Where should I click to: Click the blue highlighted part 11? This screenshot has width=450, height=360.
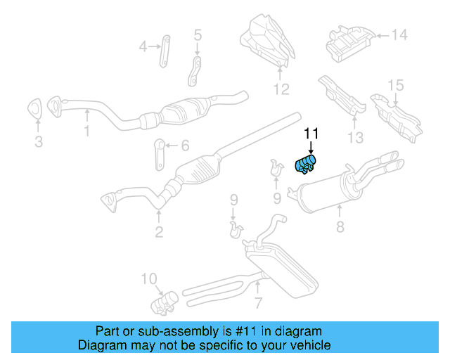pos(307,163)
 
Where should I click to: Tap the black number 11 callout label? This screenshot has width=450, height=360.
pos(311,134)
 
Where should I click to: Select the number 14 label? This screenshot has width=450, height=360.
pos(399,34)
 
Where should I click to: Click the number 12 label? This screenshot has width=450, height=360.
pos(281,89)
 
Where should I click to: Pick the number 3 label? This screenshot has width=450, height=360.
pos(39,142)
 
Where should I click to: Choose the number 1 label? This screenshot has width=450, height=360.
pos(87,130)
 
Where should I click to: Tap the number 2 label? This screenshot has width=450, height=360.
pos(159,232)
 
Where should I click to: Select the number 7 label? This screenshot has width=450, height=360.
pos(258,303)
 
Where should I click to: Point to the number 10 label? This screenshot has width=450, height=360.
pos(150,279)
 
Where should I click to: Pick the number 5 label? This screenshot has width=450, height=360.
pos(197,34)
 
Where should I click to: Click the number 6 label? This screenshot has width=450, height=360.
pos(185,146)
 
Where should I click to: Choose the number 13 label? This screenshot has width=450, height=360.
pos(356,138)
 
